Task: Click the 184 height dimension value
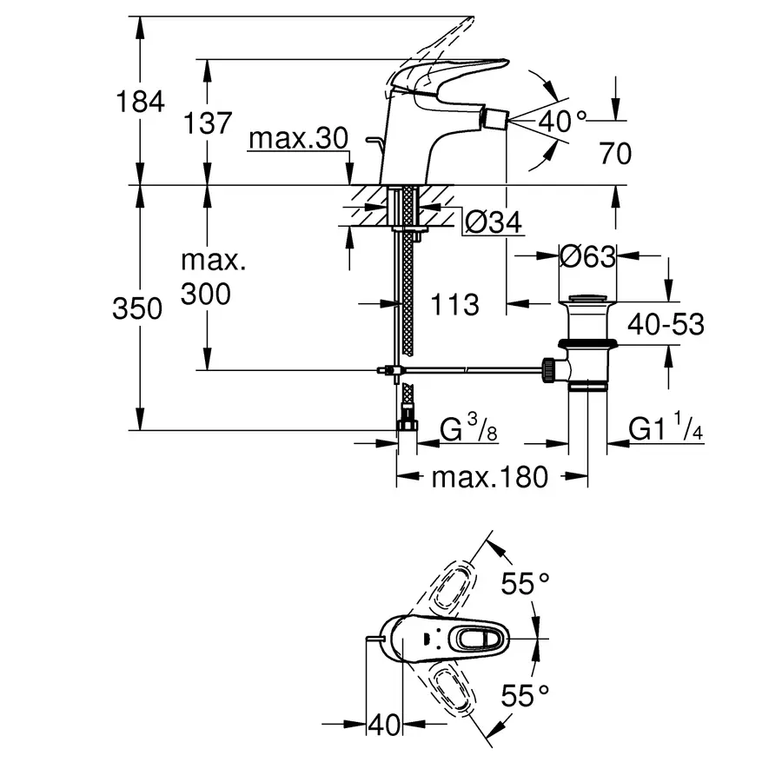[x=141, y=102]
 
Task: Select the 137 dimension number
[x=208, y=123]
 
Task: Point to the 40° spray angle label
[x=563, y=121]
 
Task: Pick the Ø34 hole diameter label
[x=493, y=223]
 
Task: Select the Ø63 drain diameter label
[x=586, y=256]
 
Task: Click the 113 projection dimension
[x=454, y=304]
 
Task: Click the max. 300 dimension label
[x=208, y=278]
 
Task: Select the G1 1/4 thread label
[x=665, y=429]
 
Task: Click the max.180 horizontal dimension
[x=490, y=476]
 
